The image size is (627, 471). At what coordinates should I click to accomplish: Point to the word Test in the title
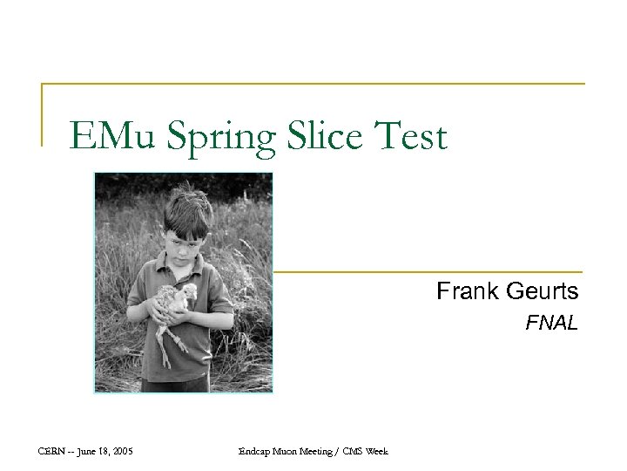click(409, 136)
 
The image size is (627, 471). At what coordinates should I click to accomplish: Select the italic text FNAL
click(551, 324)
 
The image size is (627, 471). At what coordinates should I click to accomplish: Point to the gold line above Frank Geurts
click(427, 271)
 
